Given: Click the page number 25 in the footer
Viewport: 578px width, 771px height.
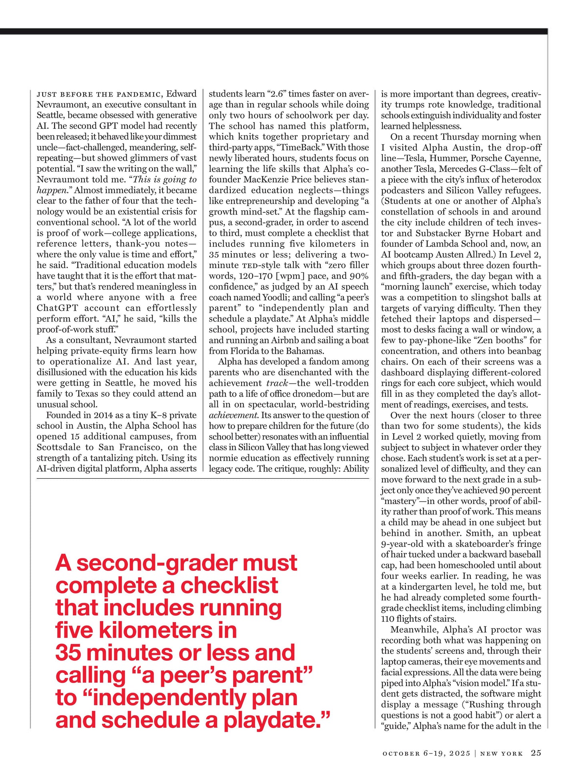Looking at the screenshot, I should pos(536,753).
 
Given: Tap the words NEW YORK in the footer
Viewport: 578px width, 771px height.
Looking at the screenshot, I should pos(502,753).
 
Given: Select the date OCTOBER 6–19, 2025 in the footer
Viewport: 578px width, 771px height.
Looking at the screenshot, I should pos(426,753).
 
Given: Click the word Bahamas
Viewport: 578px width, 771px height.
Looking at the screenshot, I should pos(305,351).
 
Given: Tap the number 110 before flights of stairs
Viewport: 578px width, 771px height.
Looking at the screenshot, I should pos(388,619).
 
